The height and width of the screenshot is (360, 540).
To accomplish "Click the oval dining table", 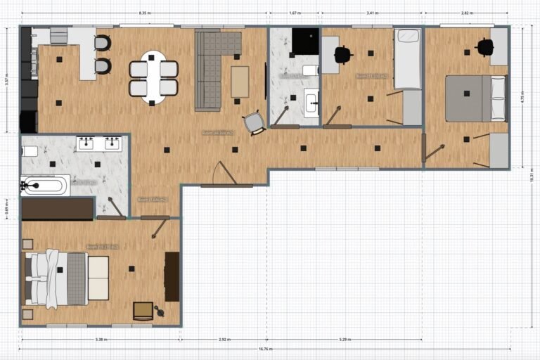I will tap(153, 77).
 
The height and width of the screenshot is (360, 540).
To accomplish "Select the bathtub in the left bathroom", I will tap(44, 186).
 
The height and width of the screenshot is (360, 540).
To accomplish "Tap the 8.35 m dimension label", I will tap(143, 13).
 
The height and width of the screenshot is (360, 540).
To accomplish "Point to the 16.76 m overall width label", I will tap(264, 349).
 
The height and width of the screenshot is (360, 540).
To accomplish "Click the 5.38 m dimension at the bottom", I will tap(101, 340).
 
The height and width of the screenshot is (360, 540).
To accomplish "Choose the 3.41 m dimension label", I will tap(372, 13).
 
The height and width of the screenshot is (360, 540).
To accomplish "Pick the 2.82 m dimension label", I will tap(466, 13).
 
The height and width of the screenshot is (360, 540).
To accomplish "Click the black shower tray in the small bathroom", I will tap(306, 41).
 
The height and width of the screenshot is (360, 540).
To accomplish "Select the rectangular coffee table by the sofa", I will tap(240, 82).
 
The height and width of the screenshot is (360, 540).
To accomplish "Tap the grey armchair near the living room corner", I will tap(254, 124).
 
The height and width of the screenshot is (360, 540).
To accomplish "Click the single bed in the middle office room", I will tap(408, 58).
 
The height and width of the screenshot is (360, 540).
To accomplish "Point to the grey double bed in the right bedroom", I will tap(475, 98).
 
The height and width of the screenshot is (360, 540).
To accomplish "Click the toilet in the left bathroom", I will tap(30, 151).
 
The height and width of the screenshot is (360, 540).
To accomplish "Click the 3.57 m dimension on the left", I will tap(7, 80).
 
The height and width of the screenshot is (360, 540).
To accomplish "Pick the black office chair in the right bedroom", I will tap(485, 47).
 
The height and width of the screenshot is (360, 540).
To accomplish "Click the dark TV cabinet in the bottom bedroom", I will tap(172, 276).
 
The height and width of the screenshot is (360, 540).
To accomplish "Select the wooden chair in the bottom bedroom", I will tap(143, 309).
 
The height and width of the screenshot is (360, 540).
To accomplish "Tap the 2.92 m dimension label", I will tap(224, 340).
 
